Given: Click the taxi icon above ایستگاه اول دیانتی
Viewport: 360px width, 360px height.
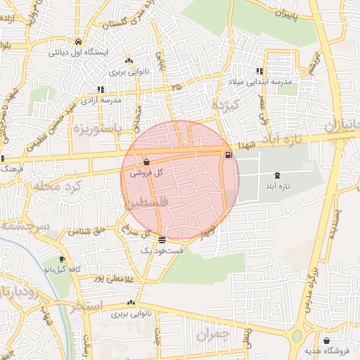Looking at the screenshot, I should pos(78,41).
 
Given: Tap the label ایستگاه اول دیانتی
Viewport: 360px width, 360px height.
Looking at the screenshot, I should pos(77,51).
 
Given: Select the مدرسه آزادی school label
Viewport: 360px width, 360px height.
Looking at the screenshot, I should pos(103,100).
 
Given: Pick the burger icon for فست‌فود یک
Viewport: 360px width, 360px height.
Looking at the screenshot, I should pos(162,240).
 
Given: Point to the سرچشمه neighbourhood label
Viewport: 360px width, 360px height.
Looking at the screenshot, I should pos(25,226).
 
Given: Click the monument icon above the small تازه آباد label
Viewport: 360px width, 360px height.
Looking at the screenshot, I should pos(276,174).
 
